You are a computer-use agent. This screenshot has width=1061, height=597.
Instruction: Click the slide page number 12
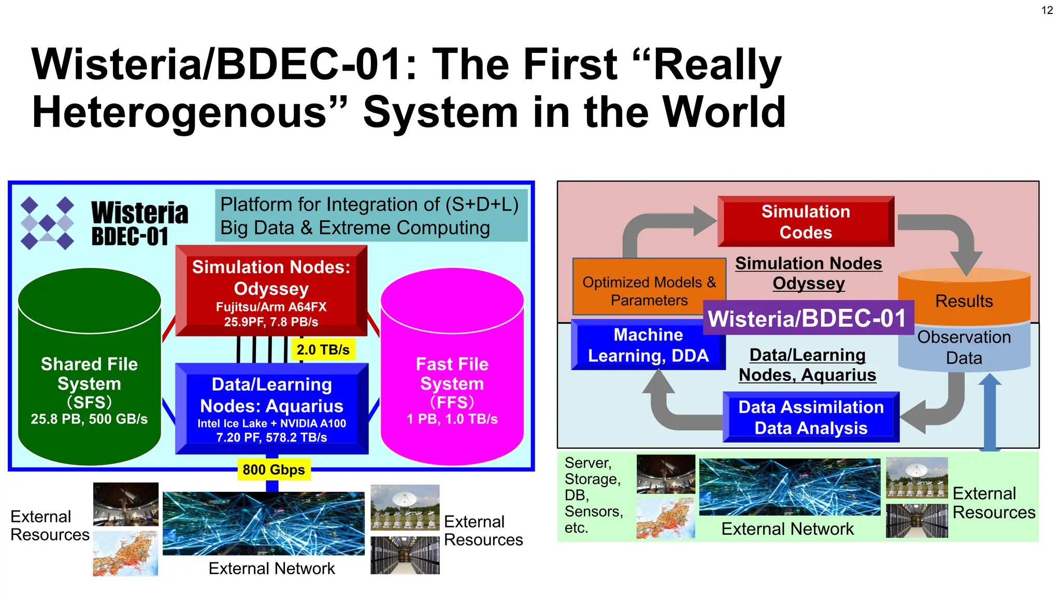(x=1047, y=10)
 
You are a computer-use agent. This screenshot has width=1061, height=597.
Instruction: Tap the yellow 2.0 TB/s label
(x=323, y=350)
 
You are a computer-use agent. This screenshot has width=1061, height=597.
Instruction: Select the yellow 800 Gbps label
(x=274, y=470)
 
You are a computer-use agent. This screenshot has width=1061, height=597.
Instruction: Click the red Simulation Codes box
(x=806, y=222)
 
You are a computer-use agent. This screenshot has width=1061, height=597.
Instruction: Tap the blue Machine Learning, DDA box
(x=648, y=345)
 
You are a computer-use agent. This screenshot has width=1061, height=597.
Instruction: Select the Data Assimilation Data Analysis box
(x=811, y=417)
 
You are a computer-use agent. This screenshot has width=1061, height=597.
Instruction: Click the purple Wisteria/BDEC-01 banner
(x=807, y=318)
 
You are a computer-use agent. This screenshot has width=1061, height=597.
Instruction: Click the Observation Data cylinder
(x=964, y=347)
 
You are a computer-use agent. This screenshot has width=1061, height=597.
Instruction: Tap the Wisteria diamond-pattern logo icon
(x=47, y=223)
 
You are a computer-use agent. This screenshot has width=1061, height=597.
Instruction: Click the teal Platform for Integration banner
(x=371, y=216)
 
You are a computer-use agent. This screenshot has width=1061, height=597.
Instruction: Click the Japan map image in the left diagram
(x=125, y=553)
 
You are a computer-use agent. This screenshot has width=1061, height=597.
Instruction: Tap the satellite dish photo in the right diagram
(x=916, y=477)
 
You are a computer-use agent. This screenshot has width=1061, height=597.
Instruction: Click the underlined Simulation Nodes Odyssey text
(x=808, y=273)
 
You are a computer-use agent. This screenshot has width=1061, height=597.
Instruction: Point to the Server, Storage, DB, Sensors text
(x=593, y=495)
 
